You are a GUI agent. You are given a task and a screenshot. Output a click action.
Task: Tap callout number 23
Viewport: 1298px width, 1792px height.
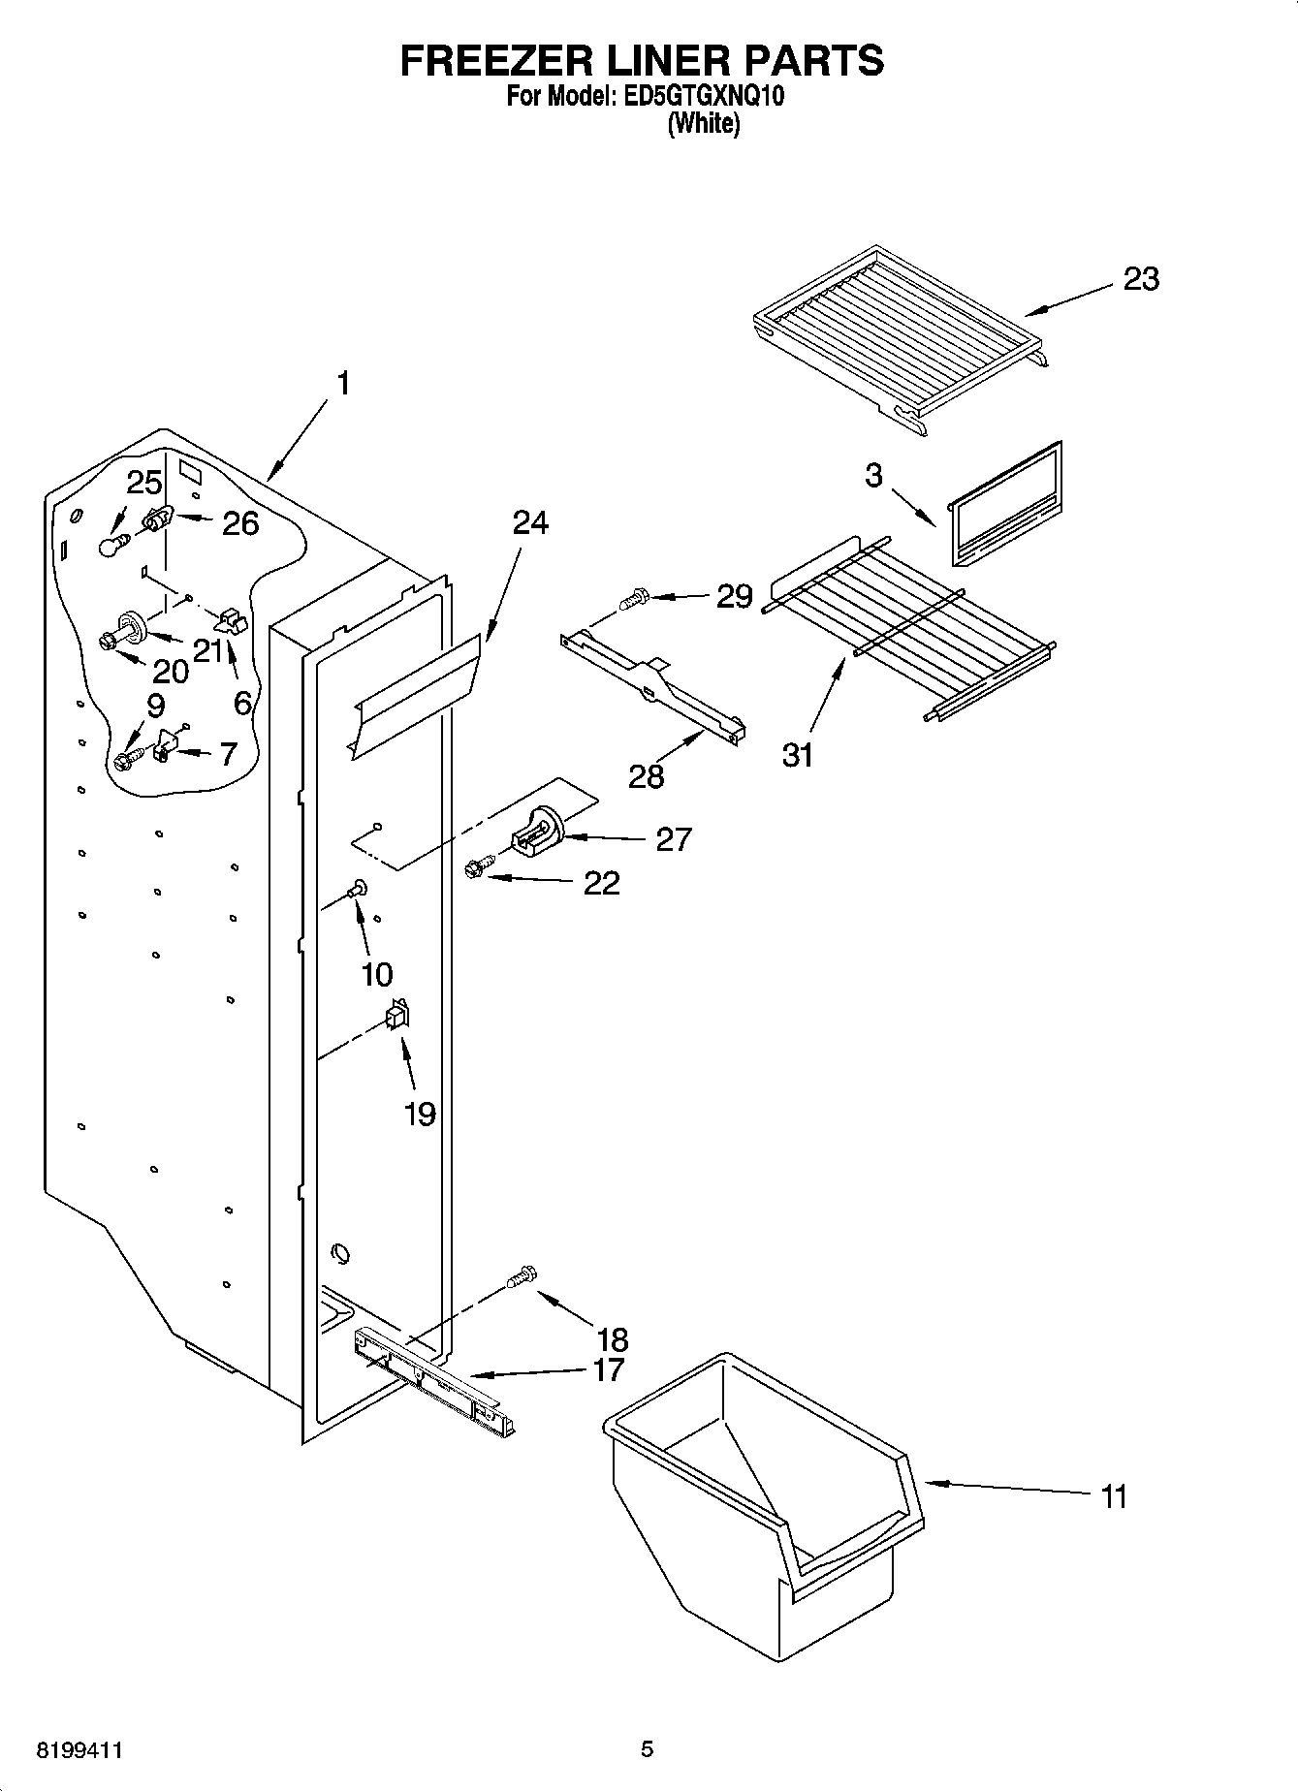tap(1141, 280)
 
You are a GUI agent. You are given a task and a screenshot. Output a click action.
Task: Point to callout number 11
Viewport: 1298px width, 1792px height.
tap(1115, 1497)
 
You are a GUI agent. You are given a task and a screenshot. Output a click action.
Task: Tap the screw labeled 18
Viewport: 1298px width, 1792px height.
tap(522, 1277)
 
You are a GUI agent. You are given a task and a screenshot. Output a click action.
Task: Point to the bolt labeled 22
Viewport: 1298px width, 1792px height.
tap(478, 869)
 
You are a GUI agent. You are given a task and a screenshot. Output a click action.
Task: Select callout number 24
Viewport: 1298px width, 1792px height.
tap(530, 523)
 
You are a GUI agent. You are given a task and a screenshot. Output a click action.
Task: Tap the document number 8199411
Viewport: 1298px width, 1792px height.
tap(79, 1750)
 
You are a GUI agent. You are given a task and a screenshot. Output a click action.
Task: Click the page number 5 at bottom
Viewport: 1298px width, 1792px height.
tap(647, 1749)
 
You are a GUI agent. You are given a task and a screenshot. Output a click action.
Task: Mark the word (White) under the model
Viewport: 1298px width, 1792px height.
tap(703, 124)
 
